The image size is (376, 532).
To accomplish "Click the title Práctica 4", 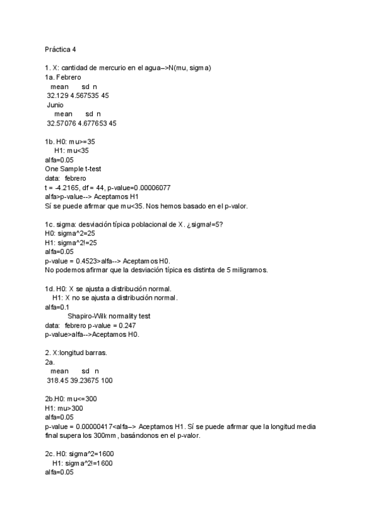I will point(62,48).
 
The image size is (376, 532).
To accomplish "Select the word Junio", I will point(55,105).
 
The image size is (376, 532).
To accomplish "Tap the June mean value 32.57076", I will point(61,124).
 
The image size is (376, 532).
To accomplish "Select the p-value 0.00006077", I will point(152,188).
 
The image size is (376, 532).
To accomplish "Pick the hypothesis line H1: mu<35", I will point(71,151).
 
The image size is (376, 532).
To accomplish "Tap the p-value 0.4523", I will point(85,261).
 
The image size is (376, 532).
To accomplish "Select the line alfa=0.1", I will point(57,307).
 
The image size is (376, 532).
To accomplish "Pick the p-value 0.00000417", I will point(98,427).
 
